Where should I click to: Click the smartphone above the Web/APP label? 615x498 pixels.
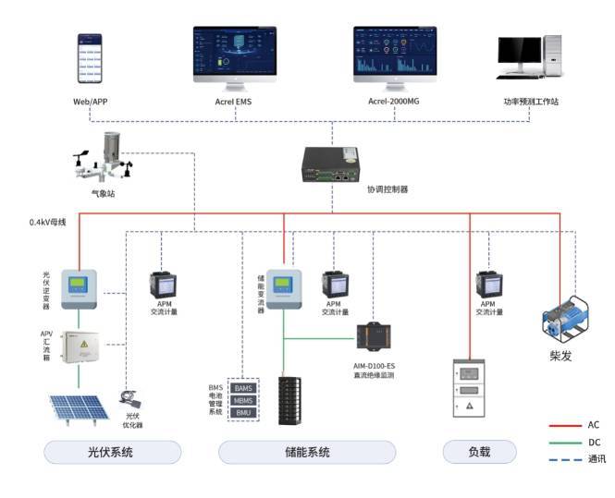click(x=89, y=60)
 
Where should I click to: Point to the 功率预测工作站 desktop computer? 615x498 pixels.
click(x=528, y=61)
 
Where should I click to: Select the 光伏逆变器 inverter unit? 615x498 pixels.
click(x=84, y=287)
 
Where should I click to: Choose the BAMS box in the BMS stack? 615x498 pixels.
click(x=243, y=389)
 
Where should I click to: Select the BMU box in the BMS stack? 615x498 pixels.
click(x=243, y=412)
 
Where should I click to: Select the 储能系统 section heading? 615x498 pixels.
click(x=287, y=453)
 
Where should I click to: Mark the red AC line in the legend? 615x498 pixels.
click(x=561, y=426)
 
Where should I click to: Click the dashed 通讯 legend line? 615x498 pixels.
click(x=561, y=458)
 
